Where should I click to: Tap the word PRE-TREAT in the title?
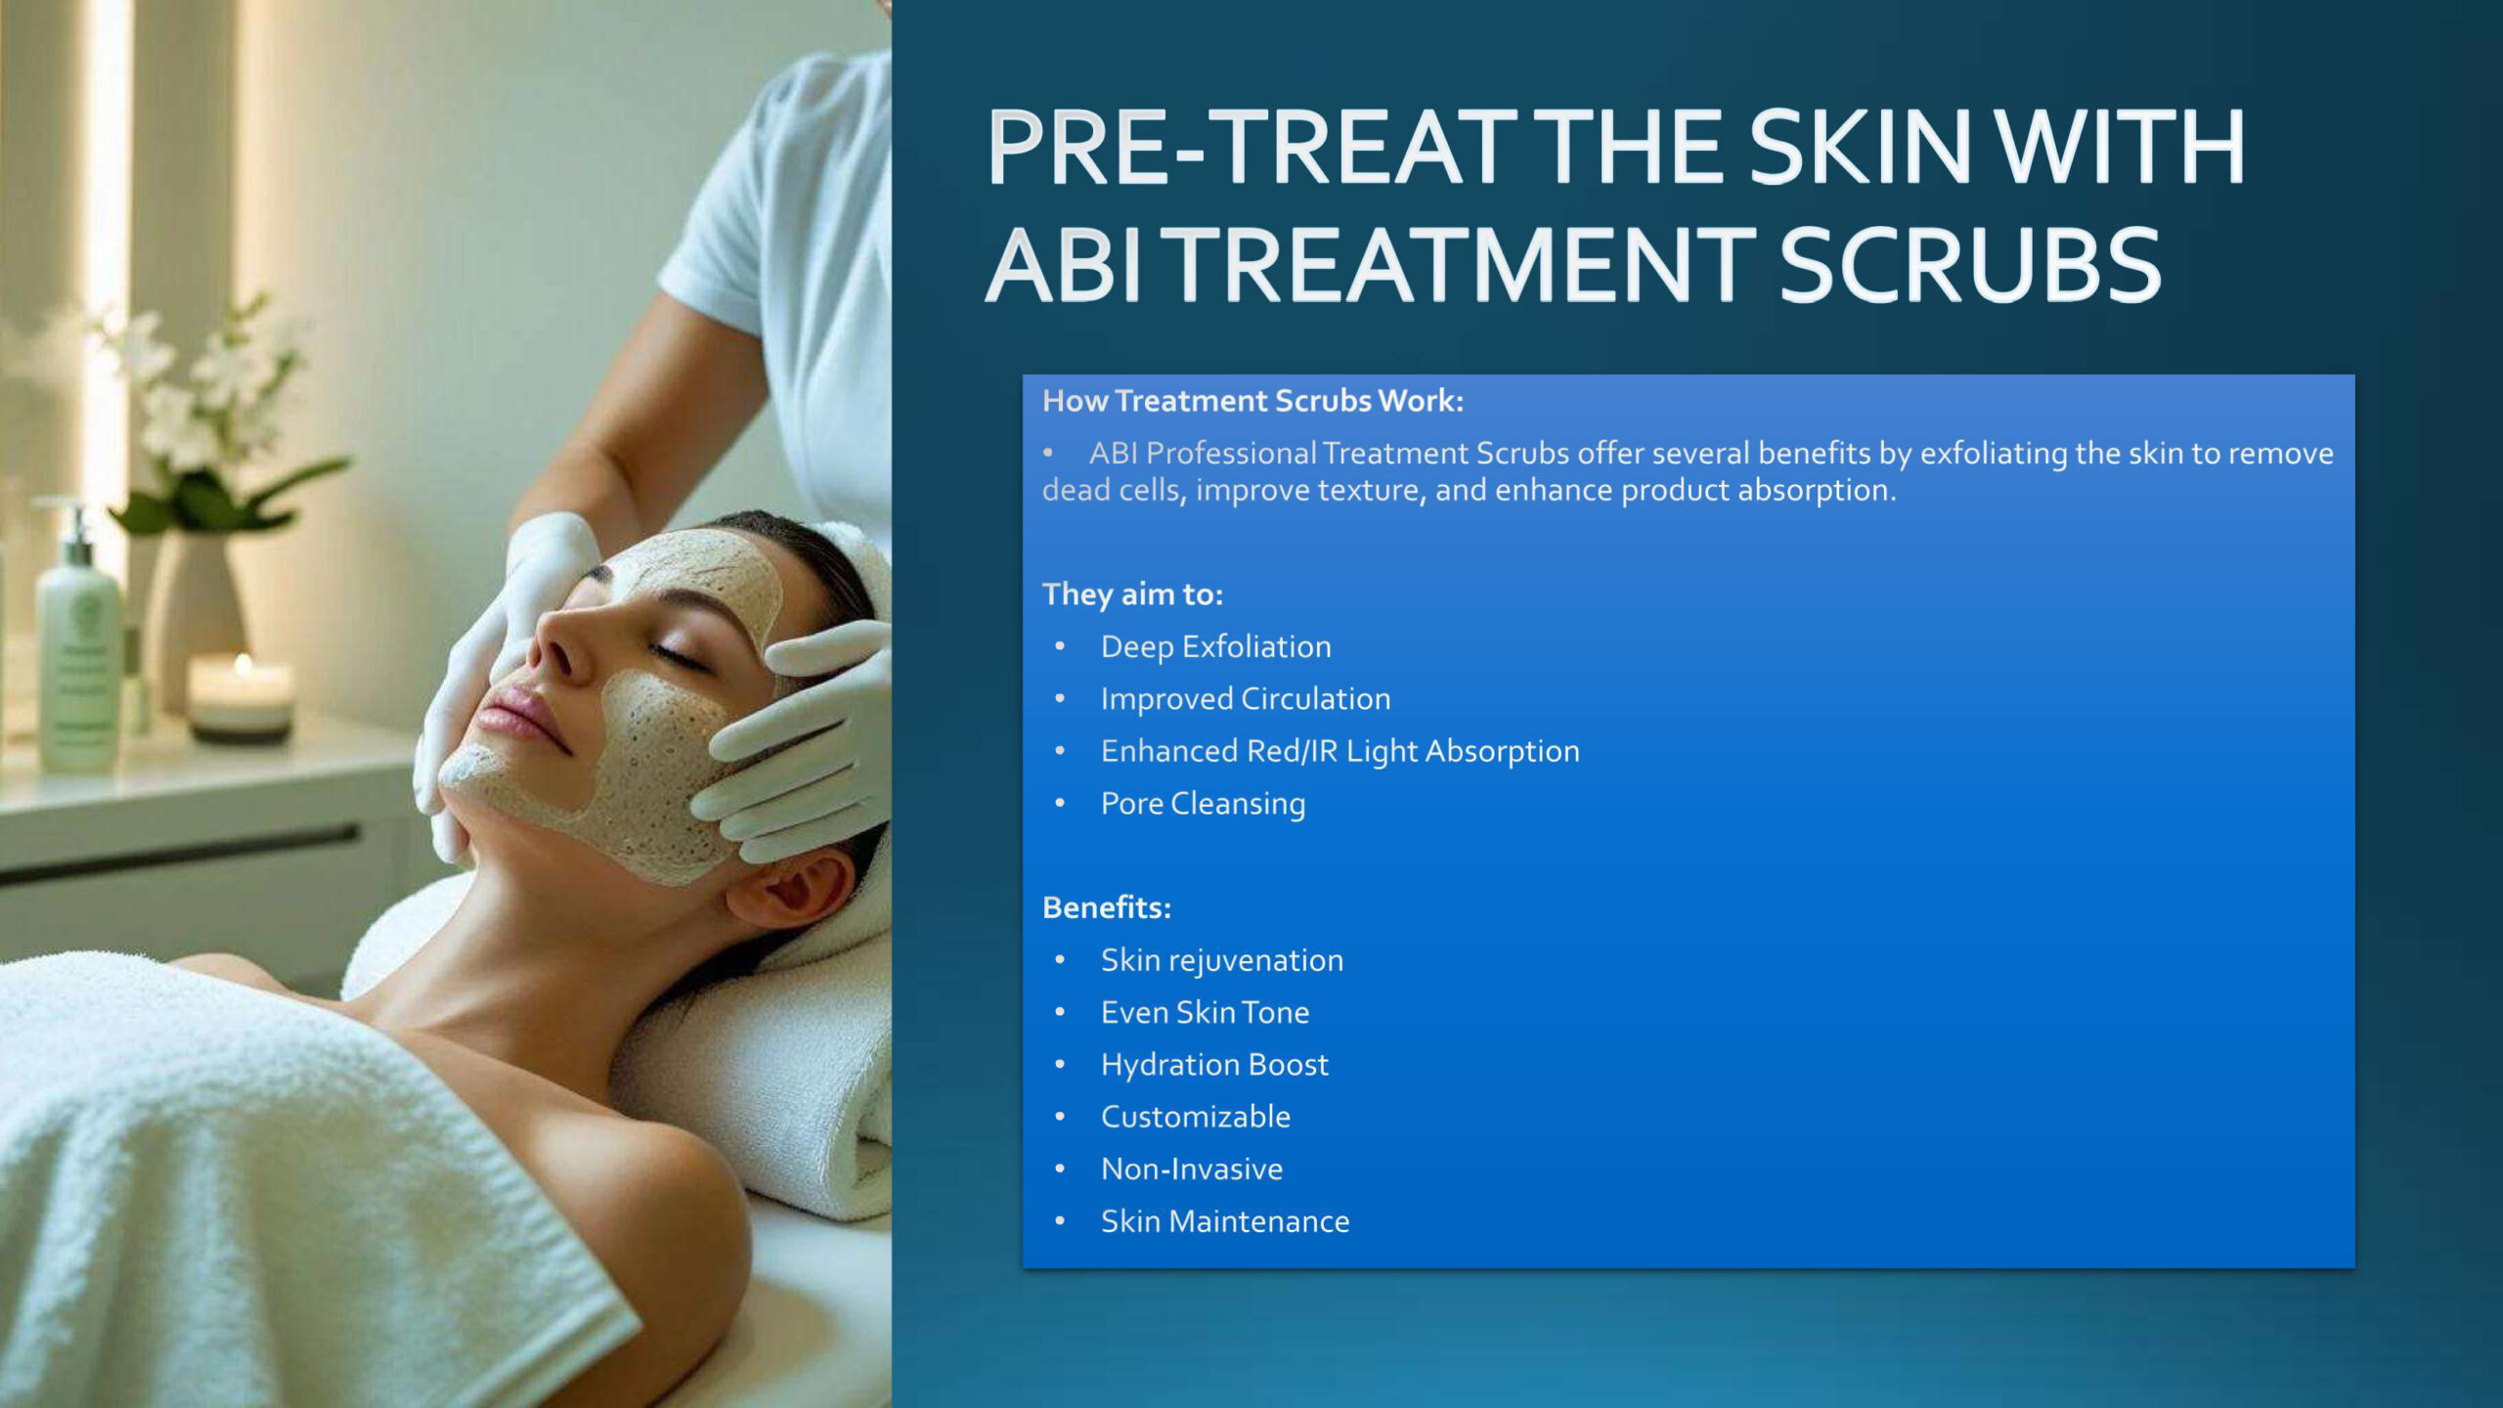(x=1252, y=147)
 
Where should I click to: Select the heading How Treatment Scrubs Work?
(x=1252, y=401)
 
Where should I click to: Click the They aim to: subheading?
(x=1132, y=594)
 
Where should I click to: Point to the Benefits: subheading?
(x=1107, y=907)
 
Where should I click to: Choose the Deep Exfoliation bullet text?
(x=1215, y=647)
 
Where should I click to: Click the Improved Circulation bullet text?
(x=1246, y=699)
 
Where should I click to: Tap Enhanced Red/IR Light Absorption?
(x=1339, y=751)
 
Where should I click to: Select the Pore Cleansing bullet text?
(x=1203, y=804)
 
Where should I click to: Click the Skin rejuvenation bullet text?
(x=1222, y=960)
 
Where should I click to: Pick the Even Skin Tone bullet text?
(x=1205, y=1012)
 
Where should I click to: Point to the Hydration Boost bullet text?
(x=1214, y=1065)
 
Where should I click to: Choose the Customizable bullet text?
(x=1196, y=1117)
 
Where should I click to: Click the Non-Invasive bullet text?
(x=1192, y=1168)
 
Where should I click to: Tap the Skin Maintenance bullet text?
(x=1225, y=1221)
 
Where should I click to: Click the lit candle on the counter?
(x=241, y=695)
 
